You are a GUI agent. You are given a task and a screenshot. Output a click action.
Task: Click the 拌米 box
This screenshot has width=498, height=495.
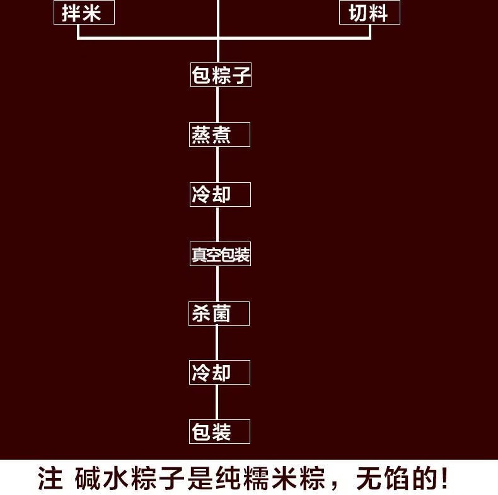tap(83, 13)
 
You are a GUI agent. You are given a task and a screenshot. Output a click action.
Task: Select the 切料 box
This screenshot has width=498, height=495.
tap(369, 13)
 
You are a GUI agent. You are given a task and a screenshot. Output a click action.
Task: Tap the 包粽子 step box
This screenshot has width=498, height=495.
tap(221, 76)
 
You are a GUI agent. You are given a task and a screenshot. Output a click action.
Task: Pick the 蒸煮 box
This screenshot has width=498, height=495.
tap(219, 135)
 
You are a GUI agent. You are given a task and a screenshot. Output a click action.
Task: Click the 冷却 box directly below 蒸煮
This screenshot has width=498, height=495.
tap(220, 194)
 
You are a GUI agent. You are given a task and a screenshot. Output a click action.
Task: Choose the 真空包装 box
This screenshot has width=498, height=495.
tap(220, 254)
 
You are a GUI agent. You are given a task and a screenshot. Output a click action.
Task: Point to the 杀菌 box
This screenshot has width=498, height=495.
tap(219, 313)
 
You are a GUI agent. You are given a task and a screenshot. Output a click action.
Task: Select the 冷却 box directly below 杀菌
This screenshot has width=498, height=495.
tap(220, 372)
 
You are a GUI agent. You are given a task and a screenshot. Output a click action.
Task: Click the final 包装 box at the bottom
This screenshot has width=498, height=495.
tap(220, 431)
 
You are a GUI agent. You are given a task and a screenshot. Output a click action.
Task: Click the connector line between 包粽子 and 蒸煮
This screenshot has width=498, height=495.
tap(218, 105)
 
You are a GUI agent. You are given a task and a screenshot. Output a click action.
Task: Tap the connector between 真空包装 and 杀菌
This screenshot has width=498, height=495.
tap(218, 284)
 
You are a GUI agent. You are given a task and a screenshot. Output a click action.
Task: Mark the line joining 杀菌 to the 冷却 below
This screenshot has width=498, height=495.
tap(218, 343)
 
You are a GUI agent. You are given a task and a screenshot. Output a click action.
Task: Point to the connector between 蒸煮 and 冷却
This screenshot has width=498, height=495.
tap(218, 165)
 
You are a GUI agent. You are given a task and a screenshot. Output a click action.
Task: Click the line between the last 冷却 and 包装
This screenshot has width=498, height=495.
tap(218, 402)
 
